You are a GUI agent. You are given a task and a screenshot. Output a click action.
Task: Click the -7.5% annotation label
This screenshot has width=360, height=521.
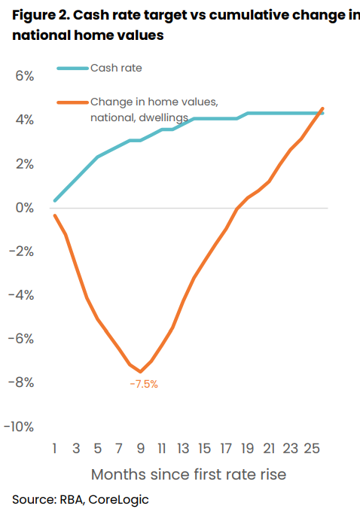(143, 384)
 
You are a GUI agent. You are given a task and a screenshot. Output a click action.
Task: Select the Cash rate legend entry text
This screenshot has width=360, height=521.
(116, 69)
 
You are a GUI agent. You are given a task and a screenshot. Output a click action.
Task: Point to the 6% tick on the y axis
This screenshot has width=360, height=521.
(23, 77)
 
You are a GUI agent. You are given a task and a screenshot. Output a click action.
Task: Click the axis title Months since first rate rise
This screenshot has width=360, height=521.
(188, 475)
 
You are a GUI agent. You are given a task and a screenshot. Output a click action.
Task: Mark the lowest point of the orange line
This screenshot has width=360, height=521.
(140, 371)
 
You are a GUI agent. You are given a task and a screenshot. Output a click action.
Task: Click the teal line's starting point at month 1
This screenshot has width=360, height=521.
(55, 200)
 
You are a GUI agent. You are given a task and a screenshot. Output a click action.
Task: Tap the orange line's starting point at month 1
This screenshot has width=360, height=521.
(55, 215)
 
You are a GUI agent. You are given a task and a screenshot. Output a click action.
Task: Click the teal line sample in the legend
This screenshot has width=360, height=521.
(72, 69)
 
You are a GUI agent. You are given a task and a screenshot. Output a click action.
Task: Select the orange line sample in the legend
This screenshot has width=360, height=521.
(72, 101)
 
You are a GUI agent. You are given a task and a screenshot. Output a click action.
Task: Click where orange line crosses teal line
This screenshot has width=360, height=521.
(321, 113)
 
